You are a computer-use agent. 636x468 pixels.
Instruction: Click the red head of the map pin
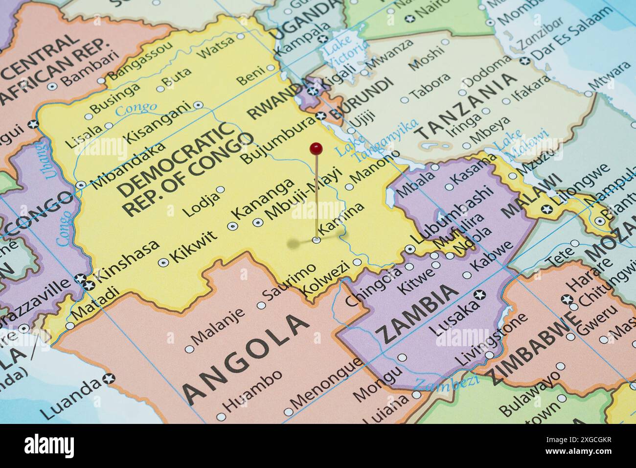click(x=317, y=147)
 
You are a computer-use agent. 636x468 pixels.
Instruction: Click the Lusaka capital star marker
click(x=480, y=294)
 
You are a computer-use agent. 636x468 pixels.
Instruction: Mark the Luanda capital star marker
click(x=109, y=378)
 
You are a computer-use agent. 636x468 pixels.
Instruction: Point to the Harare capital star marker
click(x=568, y=299)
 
